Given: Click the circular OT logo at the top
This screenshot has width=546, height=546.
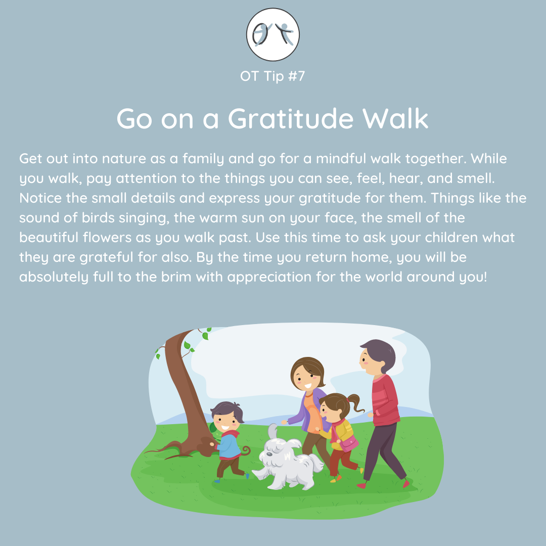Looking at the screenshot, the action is [272, 34].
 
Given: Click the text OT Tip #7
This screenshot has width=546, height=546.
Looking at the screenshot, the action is [272, 76].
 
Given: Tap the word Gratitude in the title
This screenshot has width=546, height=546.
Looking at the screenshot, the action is [291, 118].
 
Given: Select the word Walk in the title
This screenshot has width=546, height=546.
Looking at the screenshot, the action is [395, 118].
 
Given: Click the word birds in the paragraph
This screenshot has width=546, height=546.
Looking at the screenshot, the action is [98, 217].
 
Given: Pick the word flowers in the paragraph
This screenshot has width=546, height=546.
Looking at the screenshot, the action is [107, 238].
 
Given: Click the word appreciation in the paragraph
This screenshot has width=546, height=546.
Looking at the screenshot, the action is [269, 278].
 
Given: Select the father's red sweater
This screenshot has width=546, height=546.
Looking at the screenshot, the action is [385, 400].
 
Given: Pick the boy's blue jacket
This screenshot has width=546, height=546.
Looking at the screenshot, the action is [228, 446].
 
